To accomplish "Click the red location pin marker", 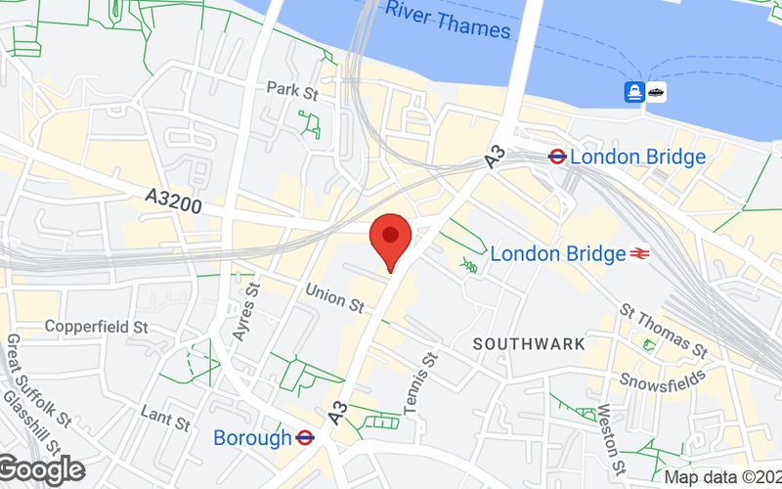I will click(392, 238).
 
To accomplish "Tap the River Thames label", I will click(448, 20).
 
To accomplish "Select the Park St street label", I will click(293, 90).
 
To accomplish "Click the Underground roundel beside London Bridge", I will click(557, 156).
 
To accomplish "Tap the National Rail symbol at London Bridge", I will click(641, 254).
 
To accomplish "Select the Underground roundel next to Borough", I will click(304, 438).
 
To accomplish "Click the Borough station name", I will click(252, 438).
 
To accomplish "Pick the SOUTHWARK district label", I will click(529, 344).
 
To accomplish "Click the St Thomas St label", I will click(664, 330).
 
